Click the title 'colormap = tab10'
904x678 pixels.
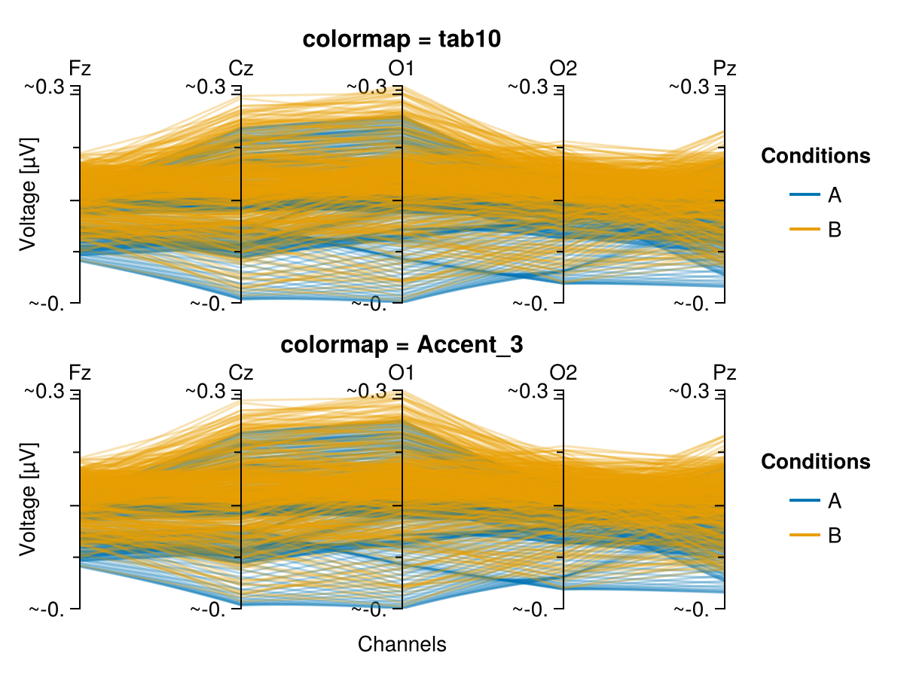pyautogui.click(x=402, y=40)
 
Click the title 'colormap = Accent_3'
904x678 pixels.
pyautogui.click(x=402, y=345)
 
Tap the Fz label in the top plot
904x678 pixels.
pyautogui.click(x=80, y=68)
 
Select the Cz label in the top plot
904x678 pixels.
pyautogui.click(x=241, y=68)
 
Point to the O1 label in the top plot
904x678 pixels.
pyautogui.click(x=402, y=68)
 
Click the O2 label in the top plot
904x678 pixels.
pyautogui.click(x=563, y=68)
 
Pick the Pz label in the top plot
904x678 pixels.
pyautogui.click(x=725, y=68)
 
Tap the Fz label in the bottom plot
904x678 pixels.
pyautogui.click(x=80, y=373)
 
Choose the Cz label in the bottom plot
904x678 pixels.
pyautogui.click(x=241, y=373)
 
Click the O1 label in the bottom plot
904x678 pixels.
pyautogui.click(x=402, y=373)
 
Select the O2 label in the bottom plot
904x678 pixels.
pyautogui.click(x=563, y=373)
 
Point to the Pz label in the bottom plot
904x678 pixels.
pyautogui.click(x=725, y=373)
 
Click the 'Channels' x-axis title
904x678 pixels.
pyautogui.click(x=402, y=644)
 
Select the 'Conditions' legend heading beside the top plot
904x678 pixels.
pyautogui.click(x=816, y=156)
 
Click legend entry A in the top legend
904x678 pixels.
pyautogui.click(x=834, y=195)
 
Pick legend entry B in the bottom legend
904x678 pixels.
pyautogui.click(x=834, y=535)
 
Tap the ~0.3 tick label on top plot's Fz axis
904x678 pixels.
pyautogui.click(x=46, y=87)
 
